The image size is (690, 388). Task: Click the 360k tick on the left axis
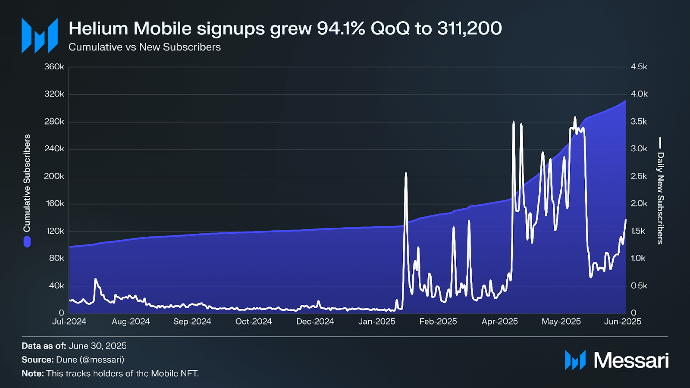54,67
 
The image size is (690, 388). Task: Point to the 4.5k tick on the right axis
639,67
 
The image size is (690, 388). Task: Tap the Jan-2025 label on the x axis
376,322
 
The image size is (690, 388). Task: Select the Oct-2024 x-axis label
254,322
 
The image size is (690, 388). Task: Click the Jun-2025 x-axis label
622,322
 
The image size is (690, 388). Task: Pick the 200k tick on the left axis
54,176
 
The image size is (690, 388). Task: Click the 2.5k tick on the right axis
639,176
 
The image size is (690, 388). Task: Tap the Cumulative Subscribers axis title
27,183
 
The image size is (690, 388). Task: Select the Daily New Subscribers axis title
660,198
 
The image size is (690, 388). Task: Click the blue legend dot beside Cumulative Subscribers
27,242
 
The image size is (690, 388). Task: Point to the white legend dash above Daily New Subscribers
660,142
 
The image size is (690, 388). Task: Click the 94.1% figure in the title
341,29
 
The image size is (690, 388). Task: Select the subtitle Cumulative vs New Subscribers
144,47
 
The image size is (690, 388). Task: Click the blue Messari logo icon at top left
40,36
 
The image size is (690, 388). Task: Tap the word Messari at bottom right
631,360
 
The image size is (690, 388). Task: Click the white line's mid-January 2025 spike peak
406,173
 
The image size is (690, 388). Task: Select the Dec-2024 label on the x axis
315,322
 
